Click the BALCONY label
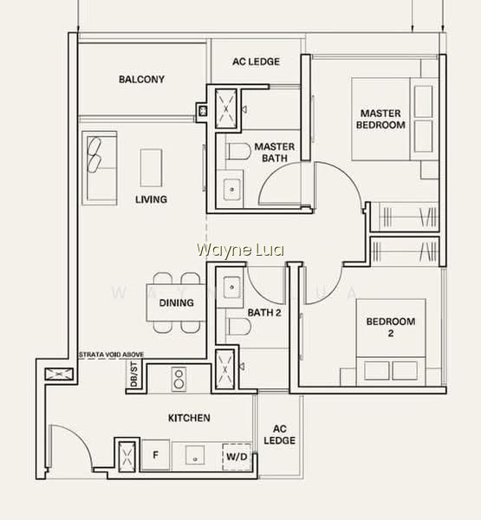[x=141, y=79]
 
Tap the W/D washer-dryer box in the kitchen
[x=237, y=457]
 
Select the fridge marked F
[x=156, y=455]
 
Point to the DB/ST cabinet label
[x=133, y=374]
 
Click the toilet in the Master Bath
[x=238, y=151]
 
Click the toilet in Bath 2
[x=238, y=327]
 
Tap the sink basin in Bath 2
[x=232, y=287]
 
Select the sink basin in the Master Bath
[x=232, y=189]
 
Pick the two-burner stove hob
[x=179, y=379]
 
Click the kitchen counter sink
[x=195, y=455]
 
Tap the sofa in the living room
[x=100, y=168]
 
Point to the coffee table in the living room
[x=151, y=168]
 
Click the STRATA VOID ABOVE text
[x=112, y=354]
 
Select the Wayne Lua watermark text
[x=240, y=250]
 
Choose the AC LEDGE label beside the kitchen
[x=280, y=434]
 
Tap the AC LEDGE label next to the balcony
[x=256, y=62]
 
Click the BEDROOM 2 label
[x=391, y=328]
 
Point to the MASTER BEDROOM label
[x=380, y=119]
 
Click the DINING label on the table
[x=177, y=302]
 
